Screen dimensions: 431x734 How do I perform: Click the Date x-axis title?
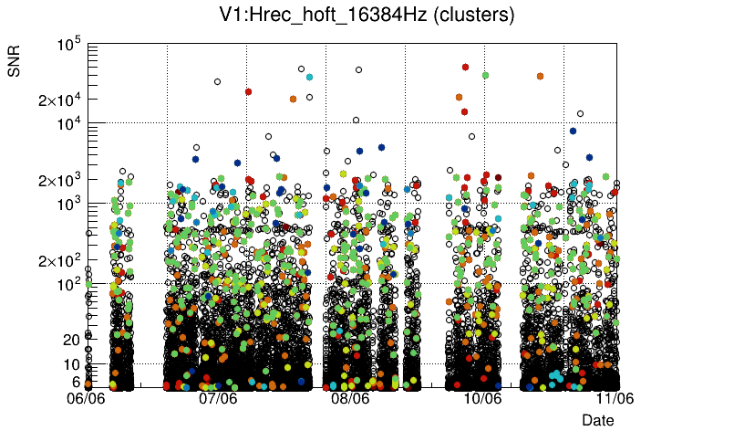pos(598,420)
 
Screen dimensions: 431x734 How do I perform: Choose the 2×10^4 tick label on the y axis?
pos(60,100)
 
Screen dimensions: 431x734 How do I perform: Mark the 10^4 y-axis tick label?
pos(69,124)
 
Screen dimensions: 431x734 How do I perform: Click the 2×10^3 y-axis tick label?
pos(60,180)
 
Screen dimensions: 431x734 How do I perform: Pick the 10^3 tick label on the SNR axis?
pos(69,205)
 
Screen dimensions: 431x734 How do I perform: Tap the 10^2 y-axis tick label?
pos(69,285)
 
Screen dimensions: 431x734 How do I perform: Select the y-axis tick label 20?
pos(72,340)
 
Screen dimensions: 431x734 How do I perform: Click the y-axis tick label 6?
pos(76,381)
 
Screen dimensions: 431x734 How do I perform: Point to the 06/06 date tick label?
pos(88,398)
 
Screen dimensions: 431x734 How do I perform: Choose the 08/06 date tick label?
pos(350,398)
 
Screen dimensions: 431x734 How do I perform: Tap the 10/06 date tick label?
pos(482,398)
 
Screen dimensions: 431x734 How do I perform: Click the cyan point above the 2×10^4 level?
pos(310,77)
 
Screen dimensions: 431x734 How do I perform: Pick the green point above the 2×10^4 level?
pos(485,75)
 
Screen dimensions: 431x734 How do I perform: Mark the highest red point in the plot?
pos(465,67)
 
